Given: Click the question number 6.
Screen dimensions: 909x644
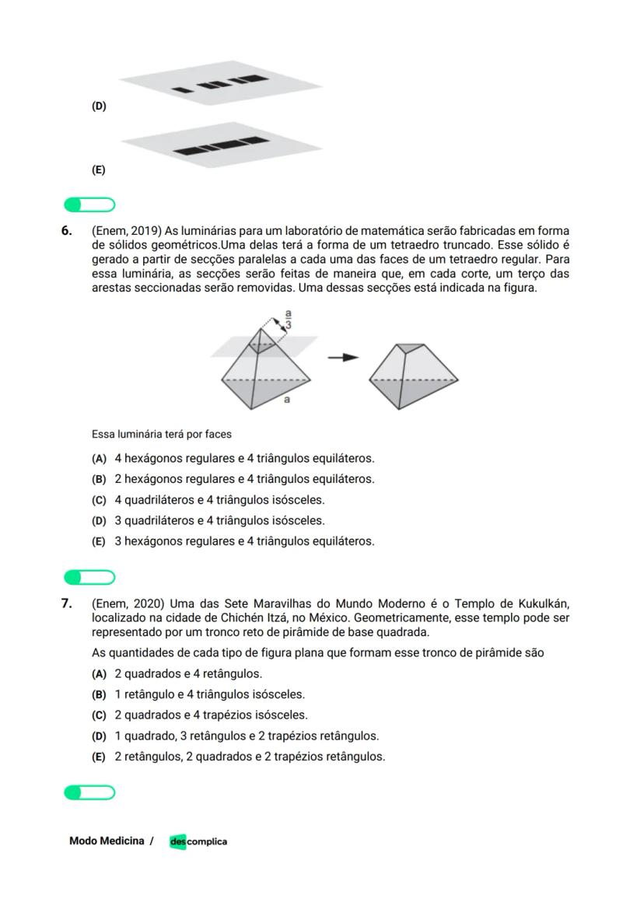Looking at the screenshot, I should [67, 231].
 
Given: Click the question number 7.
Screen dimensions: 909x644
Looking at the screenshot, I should [67, 603].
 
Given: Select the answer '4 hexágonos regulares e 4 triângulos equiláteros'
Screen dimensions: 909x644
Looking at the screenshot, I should [244, 459].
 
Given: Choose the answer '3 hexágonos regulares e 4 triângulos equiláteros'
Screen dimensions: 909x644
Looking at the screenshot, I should [244, 541].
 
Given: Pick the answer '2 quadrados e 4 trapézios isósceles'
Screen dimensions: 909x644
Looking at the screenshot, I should [211, 715].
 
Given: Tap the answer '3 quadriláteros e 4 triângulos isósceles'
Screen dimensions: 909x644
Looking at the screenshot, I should [219, 520].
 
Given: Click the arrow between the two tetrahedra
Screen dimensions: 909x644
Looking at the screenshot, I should [342, 357].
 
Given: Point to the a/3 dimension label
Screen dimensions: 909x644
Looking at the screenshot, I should [289, 319].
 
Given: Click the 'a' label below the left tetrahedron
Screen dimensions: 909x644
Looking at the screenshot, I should [287, 400].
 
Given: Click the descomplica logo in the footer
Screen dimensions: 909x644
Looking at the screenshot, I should [198, 841].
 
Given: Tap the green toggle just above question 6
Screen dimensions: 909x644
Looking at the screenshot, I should [89, 205].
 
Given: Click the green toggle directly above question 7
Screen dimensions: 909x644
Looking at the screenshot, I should [89, 577].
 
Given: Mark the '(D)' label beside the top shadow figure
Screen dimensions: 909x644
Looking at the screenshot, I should [99, 107].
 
